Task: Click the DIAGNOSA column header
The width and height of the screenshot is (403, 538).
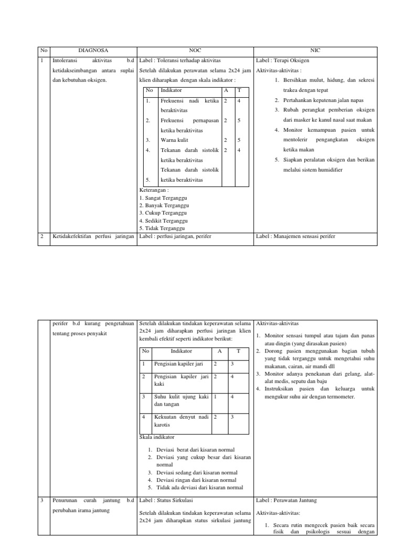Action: (x=93, y=50)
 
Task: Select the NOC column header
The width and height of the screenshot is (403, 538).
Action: (x=195, y=50)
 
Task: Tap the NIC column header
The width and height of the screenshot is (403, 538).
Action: (x=315, y=50)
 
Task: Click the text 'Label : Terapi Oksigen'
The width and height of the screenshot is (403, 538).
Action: (x=282, y=60)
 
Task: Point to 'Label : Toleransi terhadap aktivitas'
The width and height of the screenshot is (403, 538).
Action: (x=180, y=60)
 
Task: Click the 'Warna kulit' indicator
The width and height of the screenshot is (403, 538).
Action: (x=174, y=140)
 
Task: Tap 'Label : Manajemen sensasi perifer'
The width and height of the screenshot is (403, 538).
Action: (x=295, y=236)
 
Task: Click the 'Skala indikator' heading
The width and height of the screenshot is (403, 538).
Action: (x=157, y=437)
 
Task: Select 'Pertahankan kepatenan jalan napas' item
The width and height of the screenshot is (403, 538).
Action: (x=323, y=100)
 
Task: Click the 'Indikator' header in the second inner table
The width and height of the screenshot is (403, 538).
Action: (x=182, y=350)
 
